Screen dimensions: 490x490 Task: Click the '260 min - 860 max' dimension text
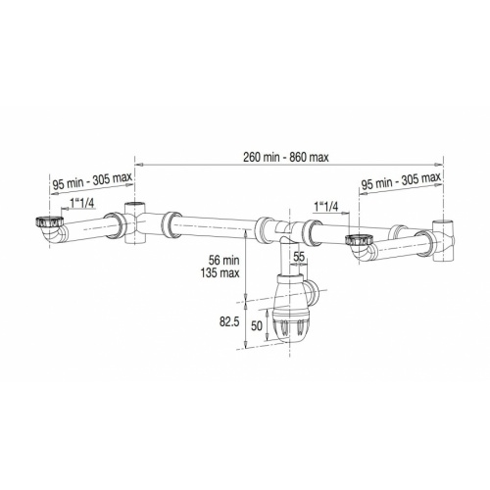(289, 155)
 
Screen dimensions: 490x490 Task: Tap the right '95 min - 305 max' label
(401, 183)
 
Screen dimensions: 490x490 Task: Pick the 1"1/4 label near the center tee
(329, 207)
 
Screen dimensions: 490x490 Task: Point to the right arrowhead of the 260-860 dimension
(442, 163)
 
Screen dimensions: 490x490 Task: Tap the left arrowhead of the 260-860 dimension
(137, 163)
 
